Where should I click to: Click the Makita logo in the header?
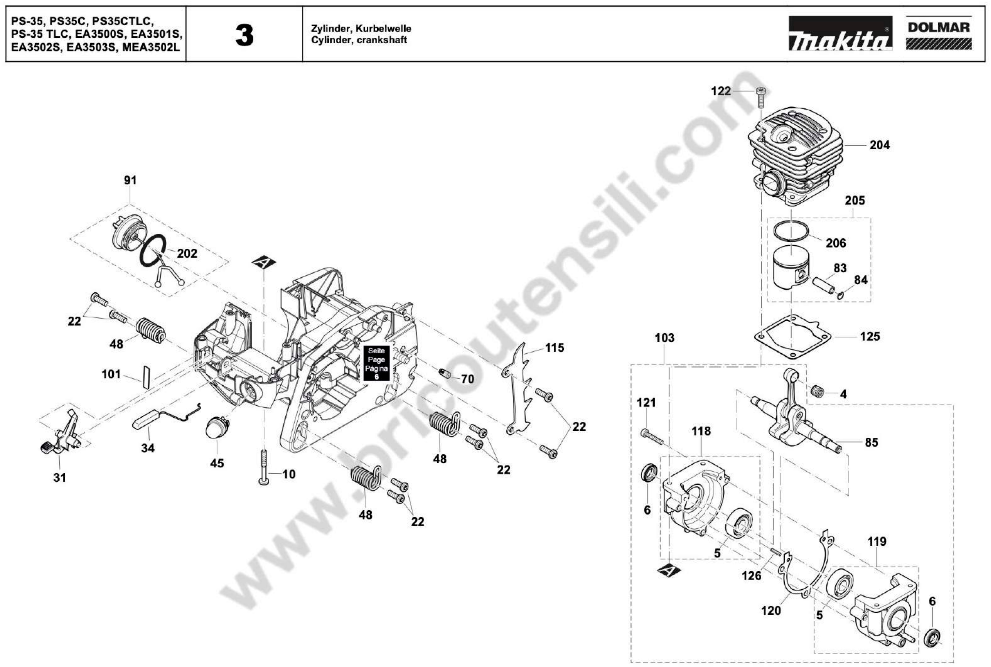[840, 34]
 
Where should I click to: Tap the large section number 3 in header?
[244, 36]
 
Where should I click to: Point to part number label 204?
[879, 145]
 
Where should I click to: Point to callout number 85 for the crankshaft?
[871, 442]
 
